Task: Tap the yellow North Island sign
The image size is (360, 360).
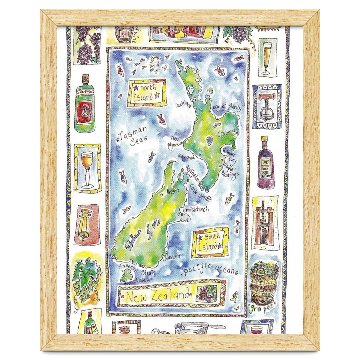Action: coord(147,92)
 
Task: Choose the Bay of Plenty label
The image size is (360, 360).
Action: coord(226,107)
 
